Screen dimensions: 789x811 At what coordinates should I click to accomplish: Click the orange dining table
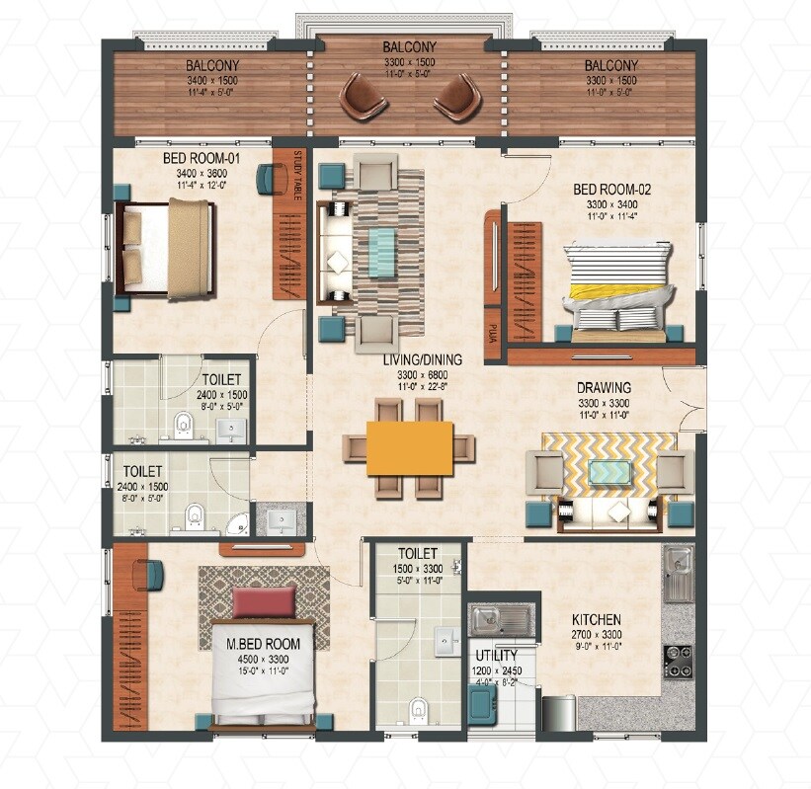tap(409, 447)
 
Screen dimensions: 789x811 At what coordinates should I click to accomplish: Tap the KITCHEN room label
tap(596, 620)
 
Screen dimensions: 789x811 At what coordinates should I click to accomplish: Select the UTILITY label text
tap(495, 655)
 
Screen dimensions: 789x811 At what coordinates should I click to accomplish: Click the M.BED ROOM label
tap(263, 644)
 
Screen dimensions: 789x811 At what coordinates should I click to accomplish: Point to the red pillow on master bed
tap(264, 600)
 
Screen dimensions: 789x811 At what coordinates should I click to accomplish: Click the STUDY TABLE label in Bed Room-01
tap(297, 176)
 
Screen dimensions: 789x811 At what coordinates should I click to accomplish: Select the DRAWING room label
tap(604, 388)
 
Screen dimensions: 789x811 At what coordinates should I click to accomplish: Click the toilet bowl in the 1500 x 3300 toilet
tap(420, 709)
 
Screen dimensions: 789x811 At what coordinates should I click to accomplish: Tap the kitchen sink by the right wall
tap(678, 574)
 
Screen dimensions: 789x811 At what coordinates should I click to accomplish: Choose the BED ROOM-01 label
tap(201, 158)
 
